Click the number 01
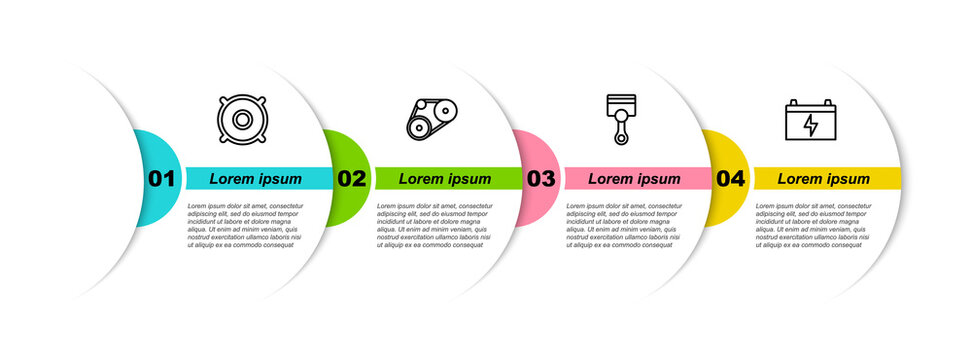161,179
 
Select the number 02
351,179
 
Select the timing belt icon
430,120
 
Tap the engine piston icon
621,119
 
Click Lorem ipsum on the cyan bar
255,179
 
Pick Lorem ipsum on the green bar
445,179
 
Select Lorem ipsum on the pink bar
634,179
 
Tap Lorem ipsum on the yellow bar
824,179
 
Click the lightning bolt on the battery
811,126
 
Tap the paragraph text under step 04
814,225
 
